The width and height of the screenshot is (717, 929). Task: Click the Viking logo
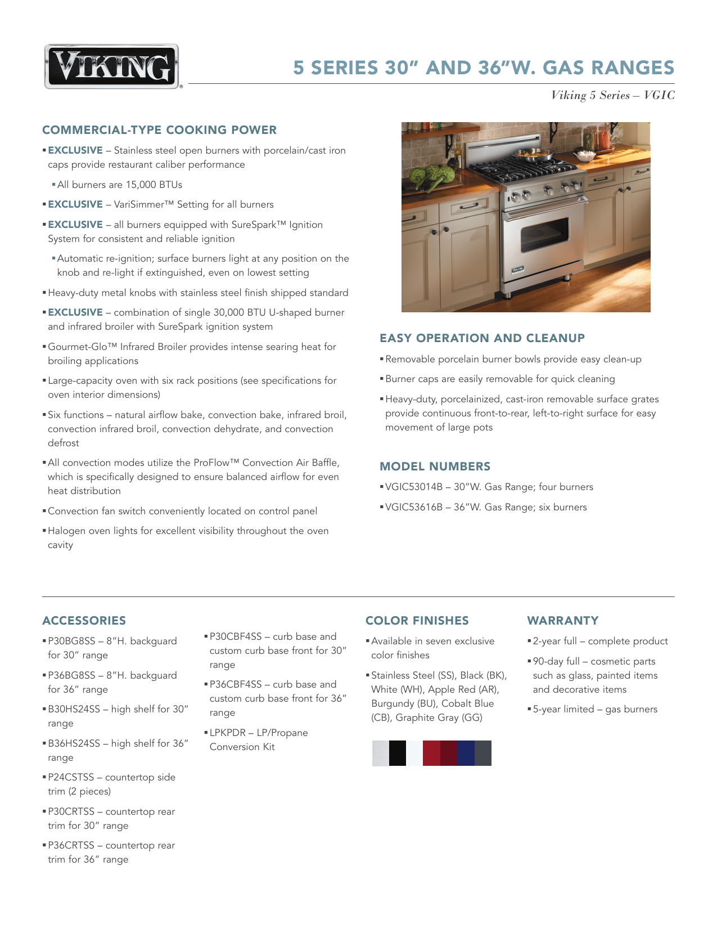[111, 66]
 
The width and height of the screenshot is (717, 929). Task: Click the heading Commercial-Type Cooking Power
[159, 130]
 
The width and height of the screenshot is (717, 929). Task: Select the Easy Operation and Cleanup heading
[482, 338]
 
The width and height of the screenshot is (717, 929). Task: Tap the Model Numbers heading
[435, 466]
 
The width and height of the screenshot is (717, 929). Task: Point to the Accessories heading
[84, 621]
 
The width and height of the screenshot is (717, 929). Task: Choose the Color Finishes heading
[417, 621]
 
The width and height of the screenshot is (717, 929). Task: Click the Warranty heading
[562, 621]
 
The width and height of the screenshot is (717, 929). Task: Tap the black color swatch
[397, 753]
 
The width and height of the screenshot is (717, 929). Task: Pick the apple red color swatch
[431, 753]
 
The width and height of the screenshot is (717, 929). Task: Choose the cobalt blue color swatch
[466, 753]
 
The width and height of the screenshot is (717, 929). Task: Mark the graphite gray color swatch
[483, 753]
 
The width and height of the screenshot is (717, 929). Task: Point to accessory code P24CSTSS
[71, 778]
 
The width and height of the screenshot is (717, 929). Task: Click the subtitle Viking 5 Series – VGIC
[612, 96]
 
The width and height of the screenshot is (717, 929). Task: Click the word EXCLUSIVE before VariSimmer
[75, 205]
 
